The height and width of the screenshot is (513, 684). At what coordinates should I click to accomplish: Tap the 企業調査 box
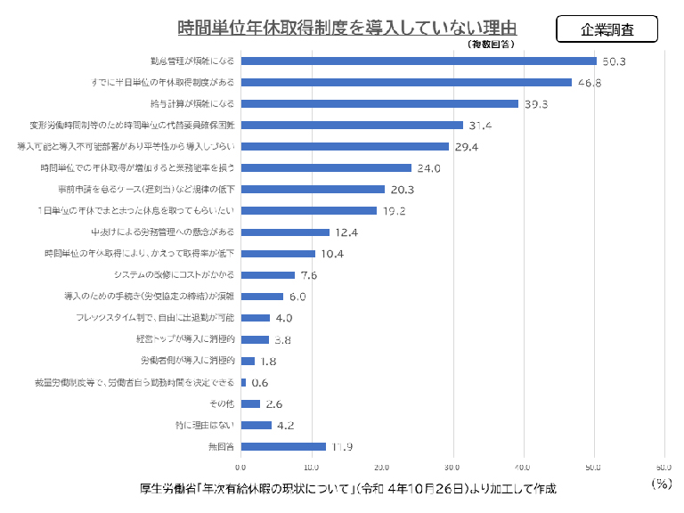[x=607, y=28]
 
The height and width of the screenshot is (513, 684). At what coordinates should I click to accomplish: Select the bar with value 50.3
[x=419, y=61]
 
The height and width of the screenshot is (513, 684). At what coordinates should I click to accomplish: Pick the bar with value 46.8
[x=406, y=82]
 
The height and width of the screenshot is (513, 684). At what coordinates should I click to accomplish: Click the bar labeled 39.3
[x=379, y=103]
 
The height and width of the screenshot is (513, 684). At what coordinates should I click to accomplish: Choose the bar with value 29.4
[x=345, y=146]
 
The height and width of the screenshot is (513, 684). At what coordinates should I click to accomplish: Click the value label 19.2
[x=394, y=211]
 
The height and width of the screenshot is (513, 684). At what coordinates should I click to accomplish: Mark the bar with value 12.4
[x=285, y=232]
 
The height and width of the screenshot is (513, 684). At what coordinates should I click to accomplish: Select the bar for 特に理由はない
[x=256, y=425]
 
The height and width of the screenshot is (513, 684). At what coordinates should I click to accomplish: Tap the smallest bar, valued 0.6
[x=243, y=382]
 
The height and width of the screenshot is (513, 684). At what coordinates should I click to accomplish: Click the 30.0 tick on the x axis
[x=452, y=467]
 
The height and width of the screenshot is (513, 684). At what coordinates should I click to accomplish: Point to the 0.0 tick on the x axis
[x=240, y=467]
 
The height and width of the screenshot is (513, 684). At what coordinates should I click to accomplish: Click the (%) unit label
[x=660, y=484]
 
